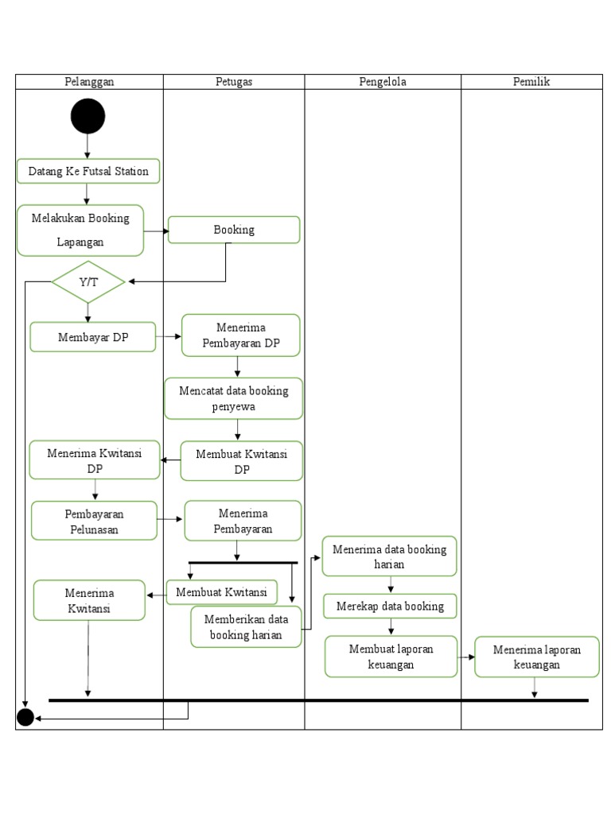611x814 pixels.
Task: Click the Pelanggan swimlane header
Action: [89, 82]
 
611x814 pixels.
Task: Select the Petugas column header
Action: [234, 82]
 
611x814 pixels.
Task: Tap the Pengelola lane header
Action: [383, 82]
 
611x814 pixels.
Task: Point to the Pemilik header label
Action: [531, 82]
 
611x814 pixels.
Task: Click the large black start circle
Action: [88, 116]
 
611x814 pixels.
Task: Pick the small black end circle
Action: [25, 718]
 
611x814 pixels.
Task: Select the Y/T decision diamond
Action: [88, 281]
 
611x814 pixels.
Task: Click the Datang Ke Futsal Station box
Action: [88, 171]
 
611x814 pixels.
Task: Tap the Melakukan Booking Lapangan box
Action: [80, 230]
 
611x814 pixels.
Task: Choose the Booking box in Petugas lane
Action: [234, 230]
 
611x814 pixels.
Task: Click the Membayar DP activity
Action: [93, 336]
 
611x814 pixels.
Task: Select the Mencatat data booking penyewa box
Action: [234, 398]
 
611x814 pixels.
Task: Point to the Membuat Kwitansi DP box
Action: [242, 461]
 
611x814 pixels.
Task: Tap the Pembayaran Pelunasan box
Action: [95, 521]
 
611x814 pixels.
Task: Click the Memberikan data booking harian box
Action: [247, 626]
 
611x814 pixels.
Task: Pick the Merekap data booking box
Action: [390, 606]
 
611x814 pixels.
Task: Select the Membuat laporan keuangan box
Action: [391, 657]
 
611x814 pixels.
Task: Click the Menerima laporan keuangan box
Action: [537, 657]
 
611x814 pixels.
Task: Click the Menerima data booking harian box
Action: [389, 556]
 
